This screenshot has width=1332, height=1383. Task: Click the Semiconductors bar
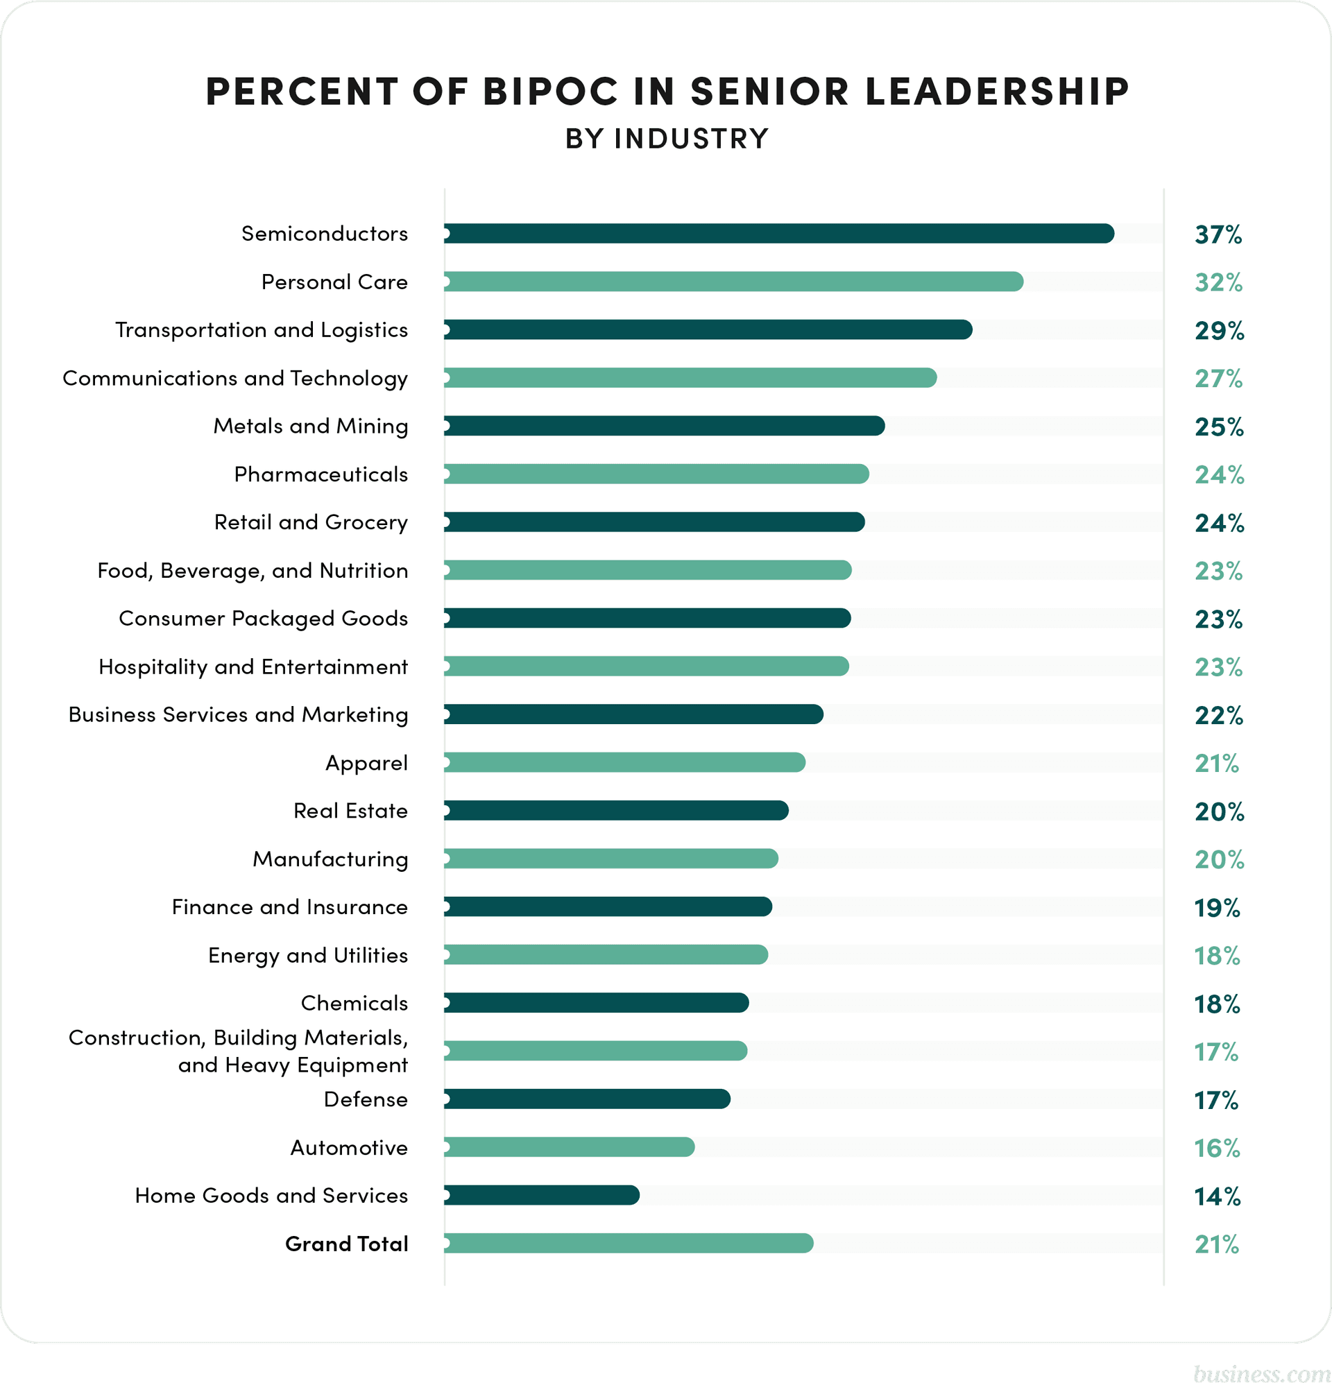click(x=778, y=234)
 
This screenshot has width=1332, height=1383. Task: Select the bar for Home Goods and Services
click(x=541, y=1195)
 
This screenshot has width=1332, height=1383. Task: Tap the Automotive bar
click(x=569, y=1147)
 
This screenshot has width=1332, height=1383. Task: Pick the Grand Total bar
click(x=629, y=1244)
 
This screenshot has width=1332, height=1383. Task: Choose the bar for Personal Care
click(x=733, y=282)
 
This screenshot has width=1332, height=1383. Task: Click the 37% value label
click(x=1218, y=234)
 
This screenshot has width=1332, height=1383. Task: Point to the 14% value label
click(x=1217, y=1196)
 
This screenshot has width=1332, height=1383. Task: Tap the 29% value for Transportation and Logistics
click(x=1219, y=330)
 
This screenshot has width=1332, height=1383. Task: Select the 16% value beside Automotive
click(x=1217, y=1148)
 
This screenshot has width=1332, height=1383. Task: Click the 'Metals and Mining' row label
click(x=311, y=426)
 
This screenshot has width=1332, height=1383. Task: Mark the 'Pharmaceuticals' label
click(x=321, y=474)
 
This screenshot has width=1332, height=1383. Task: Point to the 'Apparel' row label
click(x=366, y=763)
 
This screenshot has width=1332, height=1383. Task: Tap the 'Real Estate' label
click(x=350, y=811)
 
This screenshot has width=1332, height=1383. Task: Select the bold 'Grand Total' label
click(x=347, y=1244)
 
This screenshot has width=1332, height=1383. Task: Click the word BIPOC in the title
click(x=551, y=92)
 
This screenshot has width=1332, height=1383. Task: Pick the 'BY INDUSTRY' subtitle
click(x=667, y=139)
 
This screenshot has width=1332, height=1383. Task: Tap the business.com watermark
click(x=1261, y=1372)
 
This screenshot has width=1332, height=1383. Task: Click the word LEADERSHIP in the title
click(x=997, y=92)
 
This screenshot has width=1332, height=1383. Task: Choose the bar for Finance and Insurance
click(x=608, y=907)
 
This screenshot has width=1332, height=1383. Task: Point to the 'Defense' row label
click(x=366, y=1099)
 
